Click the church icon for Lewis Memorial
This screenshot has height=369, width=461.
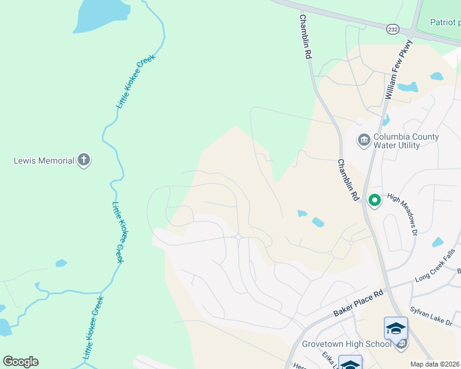click(84, 161)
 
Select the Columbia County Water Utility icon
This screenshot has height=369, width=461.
click(364, 141)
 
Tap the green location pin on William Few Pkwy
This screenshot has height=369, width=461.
click(373, 200)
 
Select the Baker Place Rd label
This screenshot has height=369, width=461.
click(359, 302)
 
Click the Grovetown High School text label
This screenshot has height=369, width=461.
click(346, 344)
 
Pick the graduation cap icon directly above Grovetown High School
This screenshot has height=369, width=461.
click(396, 328)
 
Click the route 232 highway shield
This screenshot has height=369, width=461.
click(393, 29)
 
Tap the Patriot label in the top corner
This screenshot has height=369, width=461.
click(445, 22)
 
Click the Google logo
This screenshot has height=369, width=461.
click(20, 362)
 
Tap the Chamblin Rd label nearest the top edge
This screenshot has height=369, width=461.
click(305, 37)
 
